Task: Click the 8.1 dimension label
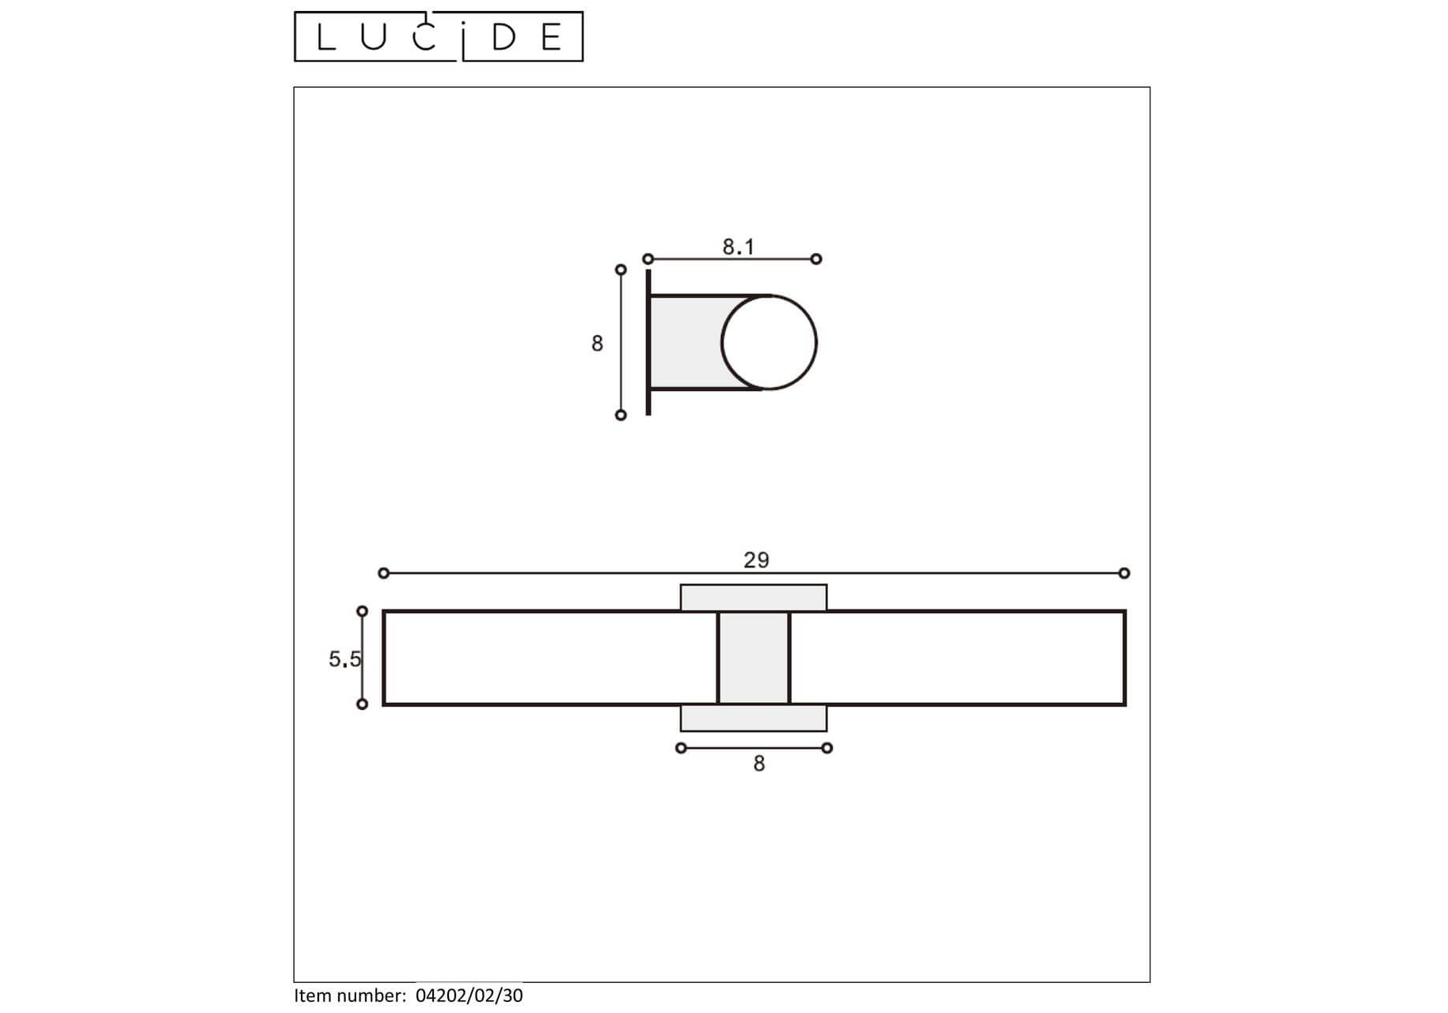[x=738, y=247]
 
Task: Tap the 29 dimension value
[x=756, y=560]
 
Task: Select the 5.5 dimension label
[x=344, y=658]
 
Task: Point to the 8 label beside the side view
[x=597, y=343]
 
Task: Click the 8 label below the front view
[x=758, y=764]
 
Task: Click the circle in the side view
[x=815, y=343]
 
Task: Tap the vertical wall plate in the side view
[x=648, y=342]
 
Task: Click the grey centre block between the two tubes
[x=754, y=658]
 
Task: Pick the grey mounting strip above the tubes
[x=754, y=598]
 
